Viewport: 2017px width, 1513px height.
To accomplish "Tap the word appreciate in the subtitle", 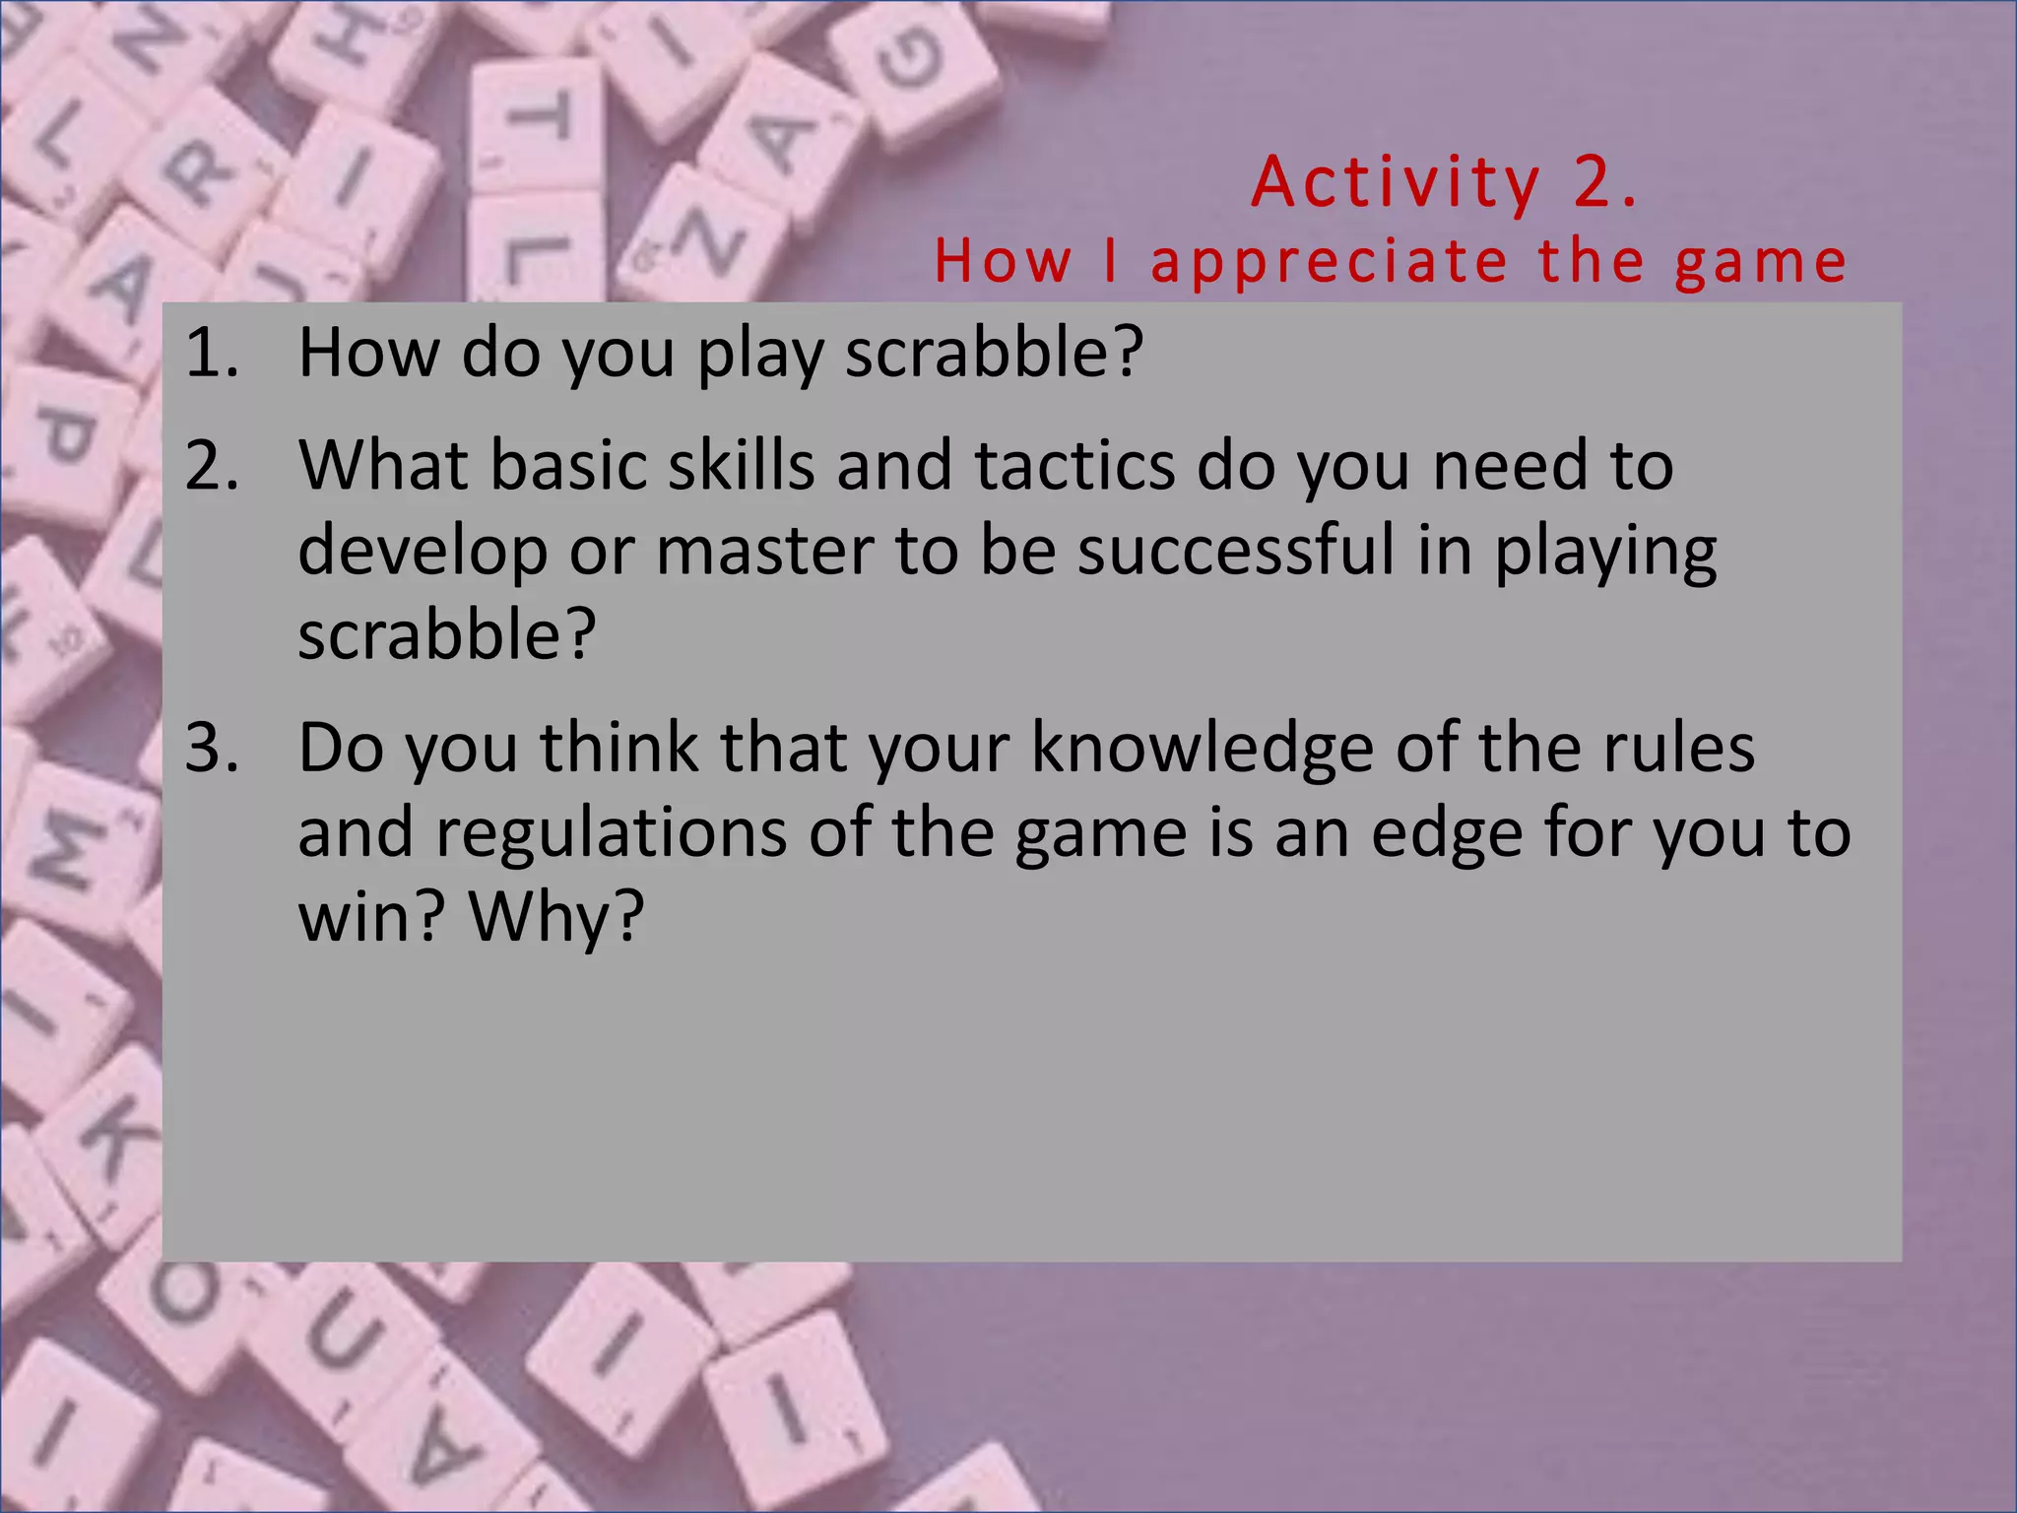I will click(1329, 262).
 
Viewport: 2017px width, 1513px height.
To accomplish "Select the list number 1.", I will click(211, 353).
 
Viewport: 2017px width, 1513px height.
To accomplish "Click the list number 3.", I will click(211, 748).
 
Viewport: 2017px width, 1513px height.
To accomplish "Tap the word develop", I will click(423, 552).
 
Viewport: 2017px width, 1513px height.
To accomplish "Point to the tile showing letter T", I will click(537, 123).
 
